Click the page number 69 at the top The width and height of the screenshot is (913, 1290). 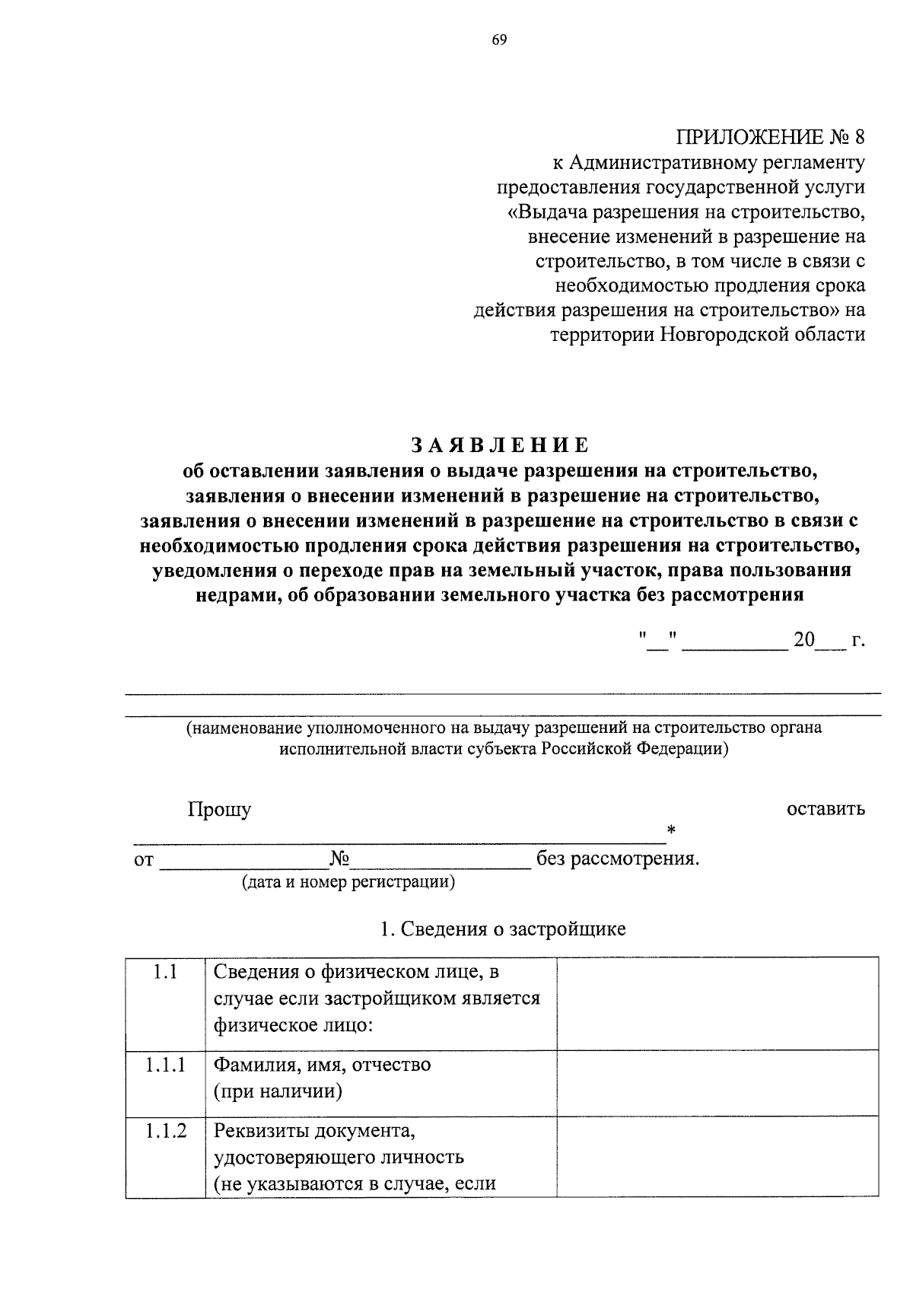pyautogui.click(x=498, y=40)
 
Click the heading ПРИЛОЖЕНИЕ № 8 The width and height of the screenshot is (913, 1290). pyautogui.click(x=770, y=138)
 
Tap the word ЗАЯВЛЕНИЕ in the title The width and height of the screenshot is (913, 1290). pyautogui.click(x=500, y=445)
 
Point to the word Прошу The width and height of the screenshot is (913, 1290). pyautogui.click(x=219, y=810)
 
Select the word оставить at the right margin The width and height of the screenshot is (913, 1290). pyautogui.click(x=826, y=808)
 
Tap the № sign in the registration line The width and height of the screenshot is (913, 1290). pyautogui.click(x=339, y=858)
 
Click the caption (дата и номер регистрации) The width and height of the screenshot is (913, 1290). pyautogui.click(x=348, y=883)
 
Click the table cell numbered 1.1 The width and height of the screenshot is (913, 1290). pyautogui.click(x=165, y=972)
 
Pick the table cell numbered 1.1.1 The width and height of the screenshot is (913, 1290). pyautogui.click(x=165, y=1065)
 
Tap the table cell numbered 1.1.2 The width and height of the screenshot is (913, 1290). pyautogui.click(x=165, y=1131)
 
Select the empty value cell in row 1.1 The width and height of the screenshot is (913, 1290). pyautogui.click(x=717, y=1003)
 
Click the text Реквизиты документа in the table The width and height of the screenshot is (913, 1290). pyautogui.click(x=314, y=1131)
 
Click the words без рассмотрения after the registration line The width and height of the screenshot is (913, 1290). pyautogui.click(x=616, y=859)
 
